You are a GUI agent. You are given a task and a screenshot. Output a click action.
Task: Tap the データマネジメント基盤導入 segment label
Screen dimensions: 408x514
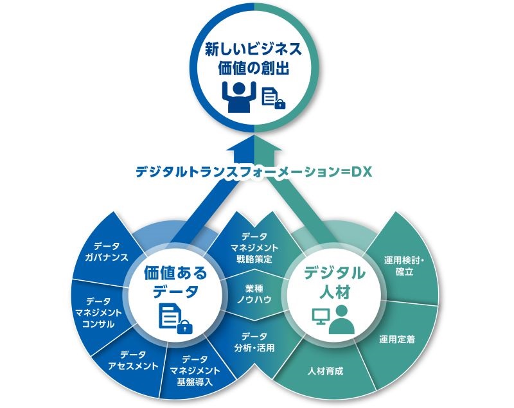tap(195, 371)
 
